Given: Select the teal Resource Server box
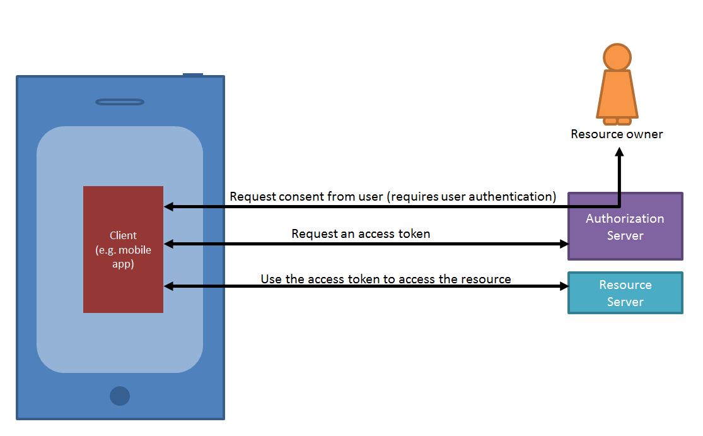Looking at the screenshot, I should tap(625, 293).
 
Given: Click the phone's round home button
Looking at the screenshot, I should tap(120, 396).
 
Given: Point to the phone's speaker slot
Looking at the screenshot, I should tap(120, 102).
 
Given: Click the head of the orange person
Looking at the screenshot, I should tap(617, 57).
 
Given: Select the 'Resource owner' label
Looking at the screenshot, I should tap(617, 134).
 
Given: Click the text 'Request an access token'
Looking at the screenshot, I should tap(361, 234).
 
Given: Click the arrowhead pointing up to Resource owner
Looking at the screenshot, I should tap(620, 153).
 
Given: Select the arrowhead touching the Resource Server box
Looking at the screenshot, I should tap(563, 286).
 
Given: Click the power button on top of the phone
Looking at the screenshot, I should tap(193, 74).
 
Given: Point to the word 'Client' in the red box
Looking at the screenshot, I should tap(123, 235).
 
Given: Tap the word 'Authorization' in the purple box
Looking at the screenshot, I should tap(625, 219).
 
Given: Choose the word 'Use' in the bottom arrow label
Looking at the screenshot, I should tap(271, 279).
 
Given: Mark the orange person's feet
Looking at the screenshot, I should tap(617, 121).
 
